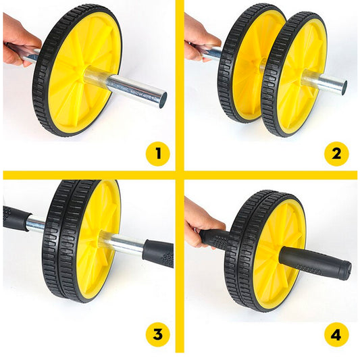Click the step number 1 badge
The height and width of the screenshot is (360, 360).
click(158, 154)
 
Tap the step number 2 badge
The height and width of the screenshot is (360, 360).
click(336, 154)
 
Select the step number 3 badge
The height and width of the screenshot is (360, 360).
click(158, 334)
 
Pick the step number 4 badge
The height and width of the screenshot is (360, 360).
click(336, 335)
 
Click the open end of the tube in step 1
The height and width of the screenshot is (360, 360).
click(162, 100)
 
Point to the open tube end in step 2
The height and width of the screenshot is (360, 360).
click(344, 88)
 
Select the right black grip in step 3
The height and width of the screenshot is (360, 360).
click(159, 254)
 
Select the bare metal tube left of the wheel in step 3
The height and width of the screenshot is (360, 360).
click(36, 224)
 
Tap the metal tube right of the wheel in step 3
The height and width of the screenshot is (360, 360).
click(124, 243)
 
